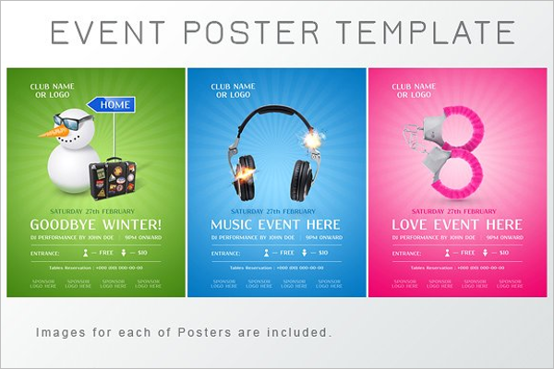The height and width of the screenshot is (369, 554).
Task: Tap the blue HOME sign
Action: [x=115, y=104]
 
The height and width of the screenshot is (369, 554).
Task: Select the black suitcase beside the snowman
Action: [x=113, y=174]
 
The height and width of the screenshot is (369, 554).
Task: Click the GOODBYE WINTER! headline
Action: [x=95, y=224]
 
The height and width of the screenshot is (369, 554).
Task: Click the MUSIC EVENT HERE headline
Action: [x=275, y=224]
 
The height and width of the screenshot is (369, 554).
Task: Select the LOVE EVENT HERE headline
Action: [x=457, y=224]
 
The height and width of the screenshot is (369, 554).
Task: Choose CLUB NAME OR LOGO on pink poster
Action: [x=413, y=90]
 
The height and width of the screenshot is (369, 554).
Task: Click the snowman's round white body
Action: [x=71, y=172]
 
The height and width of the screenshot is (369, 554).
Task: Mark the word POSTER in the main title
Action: [x=253, y=33]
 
